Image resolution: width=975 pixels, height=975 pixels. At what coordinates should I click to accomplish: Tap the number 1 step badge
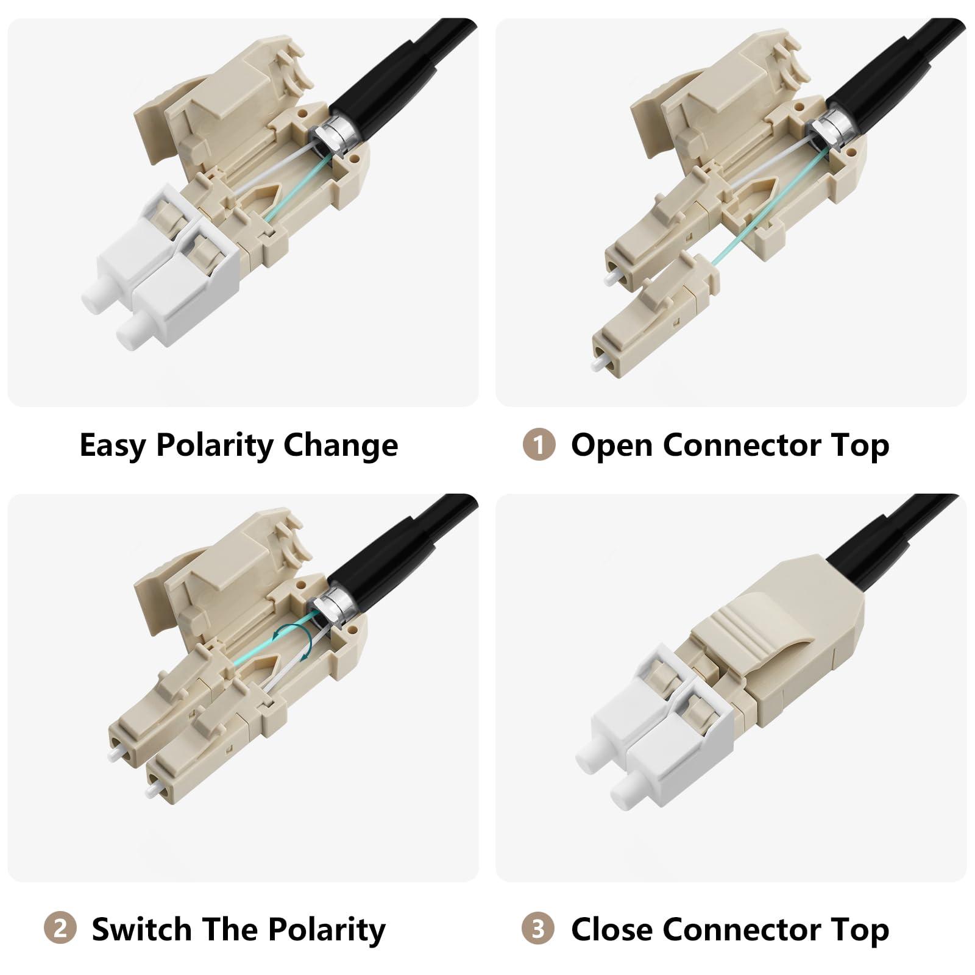pos(539,445)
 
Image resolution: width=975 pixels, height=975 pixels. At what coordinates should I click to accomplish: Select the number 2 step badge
pos(60,929)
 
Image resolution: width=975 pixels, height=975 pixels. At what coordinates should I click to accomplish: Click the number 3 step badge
pos(538,929)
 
